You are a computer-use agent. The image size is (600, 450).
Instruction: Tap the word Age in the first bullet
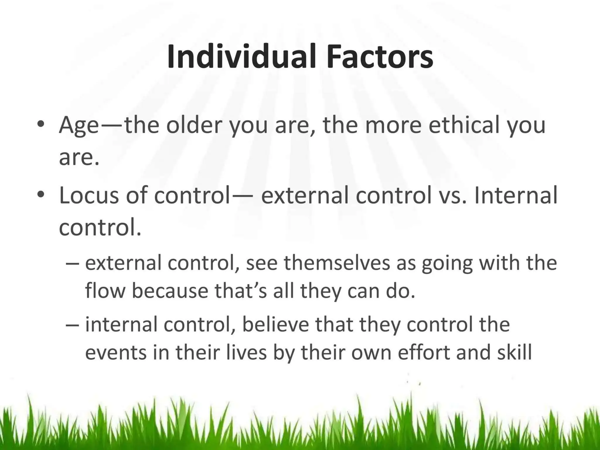click(79, 125)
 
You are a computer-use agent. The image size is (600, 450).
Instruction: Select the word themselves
click(337, 263)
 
